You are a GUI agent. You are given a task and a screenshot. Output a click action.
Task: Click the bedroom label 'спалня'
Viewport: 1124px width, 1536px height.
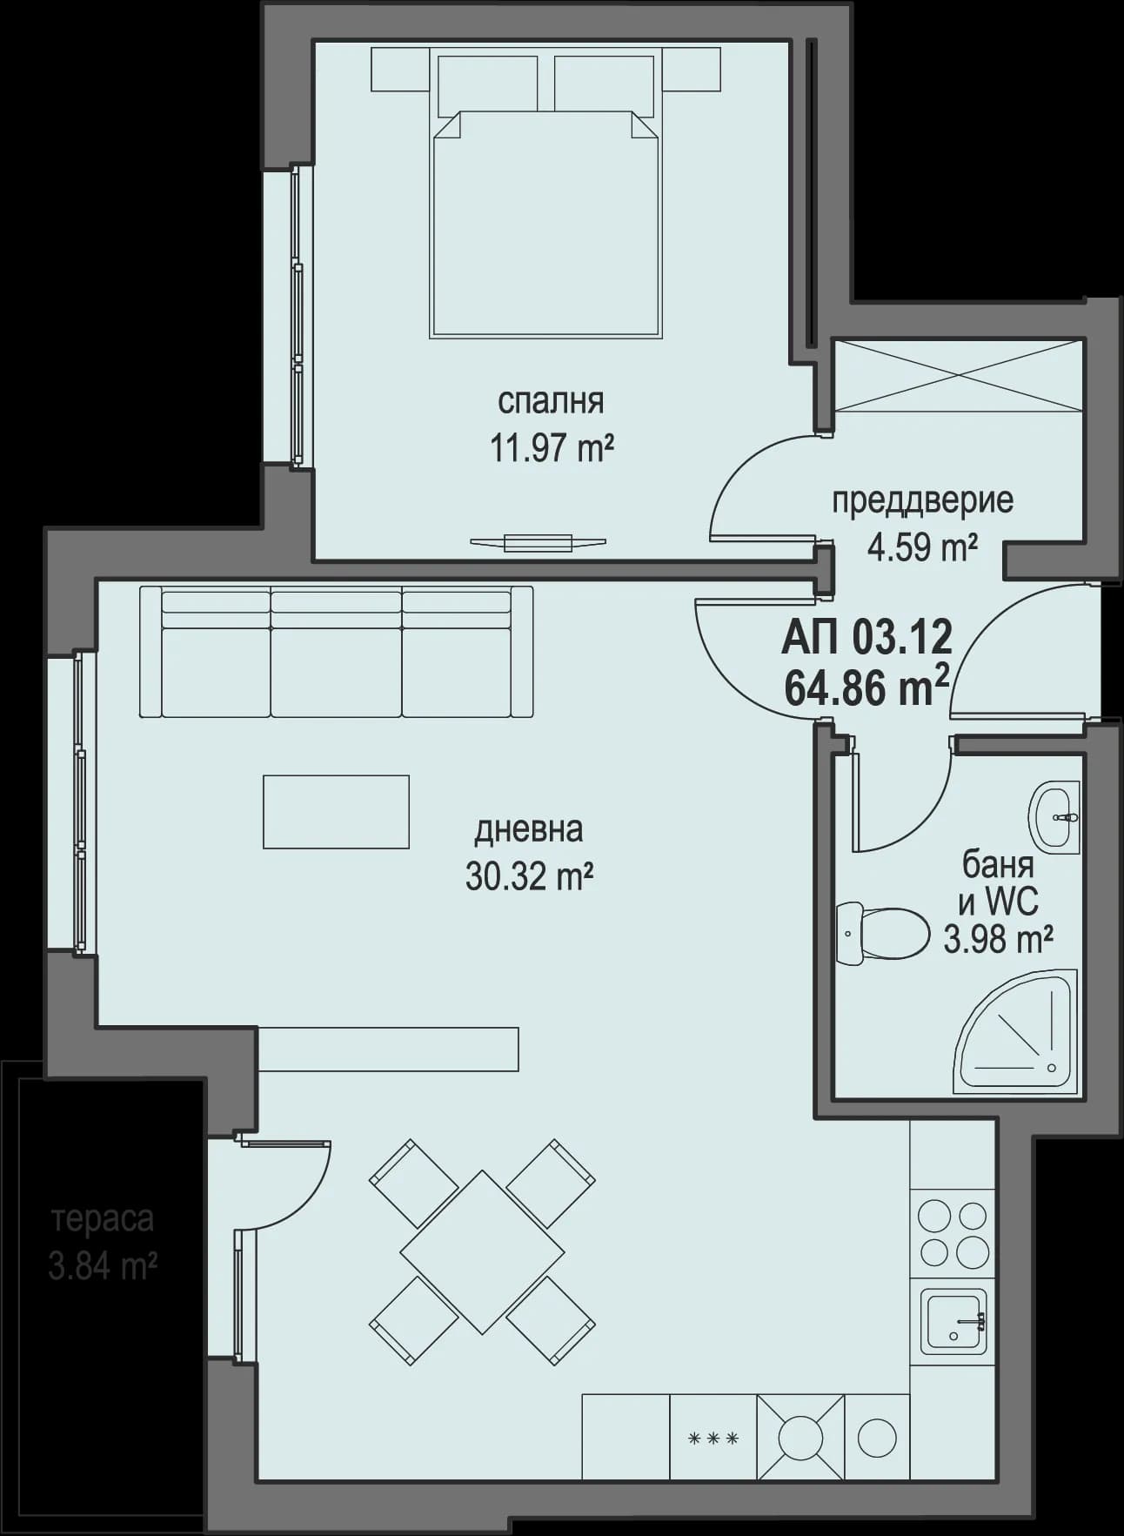(x=550, y=402)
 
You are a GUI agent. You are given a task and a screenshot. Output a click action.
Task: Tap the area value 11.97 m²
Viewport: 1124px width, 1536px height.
(x=552, y=449)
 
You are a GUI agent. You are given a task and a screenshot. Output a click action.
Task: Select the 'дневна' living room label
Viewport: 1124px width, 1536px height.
(x=528, y=829)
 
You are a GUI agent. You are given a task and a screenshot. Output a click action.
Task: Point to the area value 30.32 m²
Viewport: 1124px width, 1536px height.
(x=529, y=876)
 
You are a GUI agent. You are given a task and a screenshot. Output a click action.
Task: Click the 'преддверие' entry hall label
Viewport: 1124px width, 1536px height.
(x=922, y=501)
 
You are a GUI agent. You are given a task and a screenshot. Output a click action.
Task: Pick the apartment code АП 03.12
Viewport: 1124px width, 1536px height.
(x=866, y=638)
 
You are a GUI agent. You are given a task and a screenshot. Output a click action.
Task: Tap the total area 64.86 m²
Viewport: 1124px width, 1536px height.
(x=866, y=688)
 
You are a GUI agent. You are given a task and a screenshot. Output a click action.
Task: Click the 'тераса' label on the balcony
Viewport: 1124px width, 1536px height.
(x=103, y=1218)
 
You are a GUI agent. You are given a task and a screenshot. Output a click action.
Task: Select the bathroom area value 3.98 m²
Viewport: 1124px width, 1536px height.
(x=999, y=939)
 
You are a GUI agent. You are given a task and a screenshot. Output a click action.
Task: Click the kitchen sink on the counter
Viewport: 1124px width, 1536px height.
(x=953, y=1321)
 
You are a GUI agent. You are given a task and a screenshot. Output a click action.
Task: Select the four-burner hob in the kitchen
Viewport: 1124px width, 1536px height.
(x=953, y=1233)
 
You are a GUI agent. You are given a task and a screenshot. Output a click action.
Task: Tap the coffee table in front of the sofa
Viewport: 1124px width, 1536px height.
(x=336, y=811)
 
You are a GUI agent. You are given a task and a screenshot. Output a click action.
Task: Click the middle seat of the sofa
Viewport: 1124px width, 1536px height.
(x=336, y=666)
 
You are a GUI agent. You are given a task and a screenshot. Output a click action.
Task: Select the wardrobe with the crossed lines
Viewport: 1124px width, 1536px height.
(x=957, y=376)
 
